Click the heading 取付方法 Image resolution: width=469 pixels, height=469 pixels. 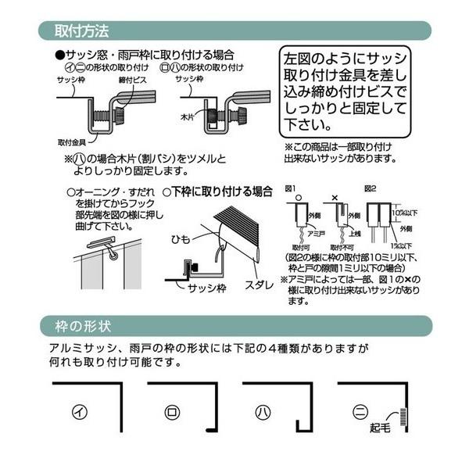81,32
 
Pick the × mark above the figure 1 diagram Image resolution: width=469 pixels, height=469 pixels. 336,199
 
